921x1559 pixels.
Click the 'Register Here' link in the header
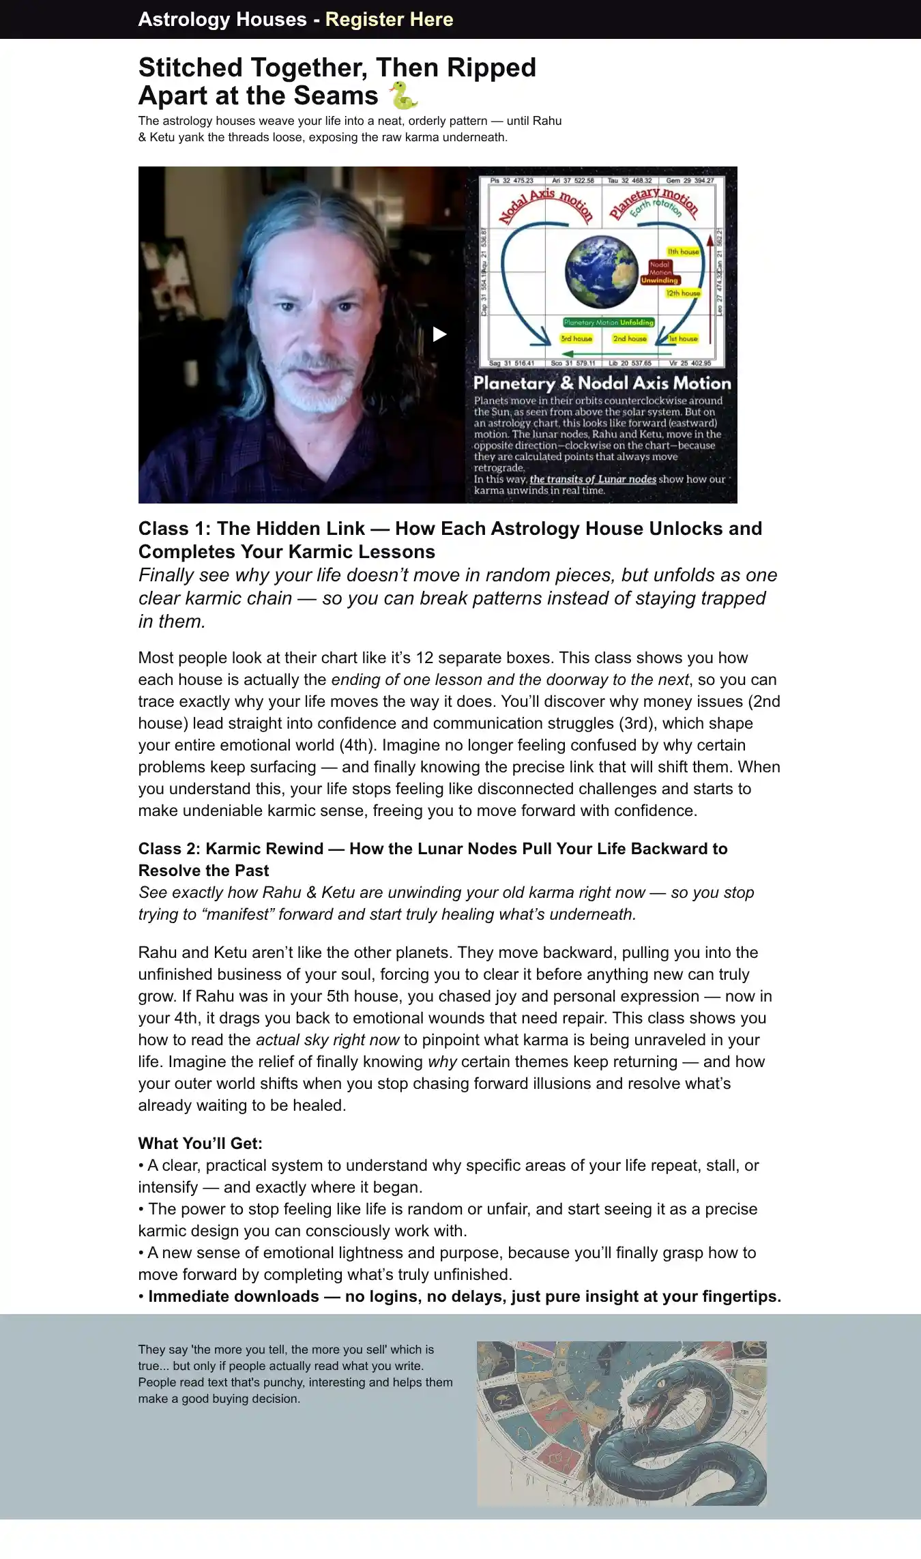click(x=389, y=19)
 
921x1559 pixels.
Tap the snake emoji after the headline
click(x=403, y=96)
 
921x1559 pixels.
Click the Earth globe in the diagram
click(x=600, y=271)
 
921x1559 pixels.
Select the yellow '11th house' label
click(x=683, y=252)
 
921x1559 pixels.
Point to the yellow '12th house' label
click(x=683, y=293)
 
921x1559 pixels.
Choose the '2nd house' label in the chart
click(x=629, y=338)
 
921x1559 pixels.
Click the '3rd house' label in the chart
click(x=576, y=338)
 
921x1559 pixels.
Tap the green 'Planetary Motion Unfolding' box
click(x=609, y=323)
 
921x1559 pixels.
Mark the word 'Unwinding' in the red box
click(x=660, y=280)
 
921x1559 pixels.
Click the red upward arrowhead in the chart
click(x=710, y=240)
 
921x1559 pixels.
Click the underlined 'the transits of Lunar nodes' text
click(x=593, y=479)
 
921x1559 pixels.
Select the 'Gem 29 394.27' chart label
click(x=690, y=181)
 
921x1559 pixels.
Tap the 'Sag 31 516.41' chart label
click(x=512, y=364)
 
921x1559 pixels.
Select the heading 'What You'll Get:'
click(x=200, y=1143)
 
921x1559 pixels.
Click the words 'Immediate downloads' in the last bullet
click(x=233, y=1296)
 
